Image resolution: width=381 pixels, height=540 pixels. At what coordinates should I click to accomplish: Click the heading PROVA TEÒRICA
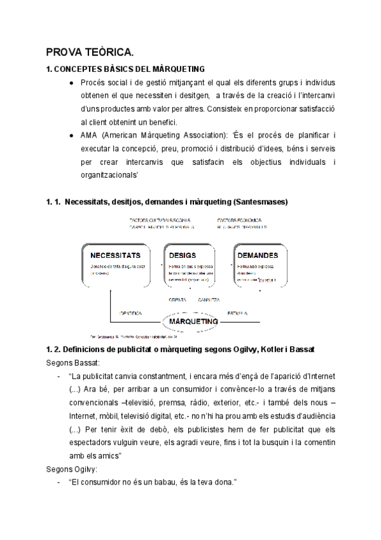tap(89, 52)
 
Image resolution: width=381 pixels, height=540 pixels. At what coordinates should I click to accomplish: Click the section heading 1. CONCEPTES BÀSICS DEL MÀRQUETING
tap(125, 69)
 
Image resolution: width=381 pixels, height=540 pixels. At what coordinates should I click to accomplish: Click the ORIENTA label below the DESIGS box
tap(177, 299)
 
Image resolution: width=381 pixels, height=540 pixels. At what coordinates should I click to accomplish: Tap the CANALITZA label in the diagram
tap(209, 299)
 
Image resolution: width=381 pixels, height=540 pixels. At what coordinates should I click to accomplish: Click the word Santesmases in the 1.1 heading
tap(261, 202)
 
